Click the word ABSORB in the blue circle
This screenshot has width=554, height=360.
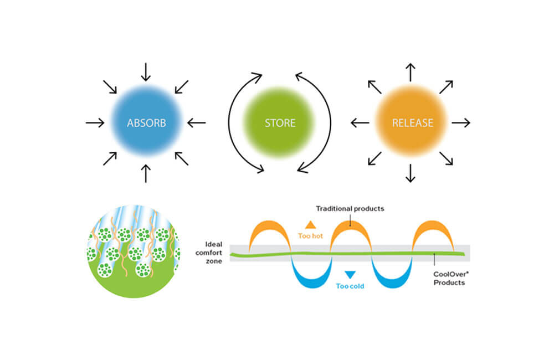tap(146, 123)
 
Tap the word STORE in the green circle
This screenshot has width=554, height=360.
tap(280, 123)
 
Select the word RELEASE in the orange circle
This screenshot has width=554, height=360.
tap(413, 123)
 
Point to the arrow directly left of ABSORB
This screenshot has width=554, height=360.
tap(95, 123)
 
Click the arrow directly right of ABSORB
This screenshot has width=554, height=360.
tap(196, 123)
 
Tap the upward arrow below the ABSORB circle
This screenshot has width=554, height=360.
tap(146, 173)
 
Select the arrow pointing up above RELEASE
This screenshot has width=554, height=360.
tap(411, 73)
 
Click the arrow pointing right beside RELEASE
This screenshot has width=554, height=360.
tap(461, 123)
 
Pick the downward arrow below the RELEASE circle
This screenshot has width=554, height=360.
tap(411, 173)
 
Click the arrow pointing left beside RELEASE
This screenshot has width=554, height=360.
tap(360, 123)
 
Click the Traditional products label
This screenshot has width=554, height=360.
tap(350, 209)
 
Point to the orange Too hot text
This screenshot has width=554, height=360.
tap(310, 235)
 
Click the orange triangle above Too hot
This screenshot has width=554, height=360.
tap(310, 224)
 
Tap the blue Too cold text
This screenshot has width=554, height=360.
tap(350, 286)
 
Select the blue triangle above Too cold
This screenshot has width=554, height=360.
tap(350, 274)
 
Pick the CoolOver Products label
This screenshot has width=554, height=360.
tap(449, 278)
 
